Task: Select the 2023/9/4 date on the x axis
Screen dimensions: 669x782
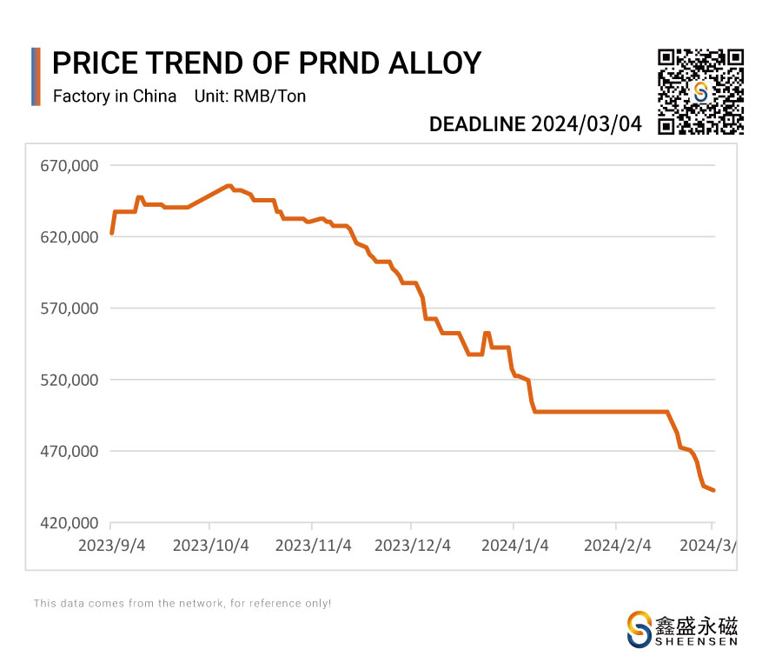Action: click(110, 546)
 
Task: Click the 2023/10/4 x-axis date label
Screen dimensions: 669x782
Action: click(211, 546)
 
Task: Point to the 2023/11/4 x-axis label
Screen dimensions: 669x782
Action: click(313, 546)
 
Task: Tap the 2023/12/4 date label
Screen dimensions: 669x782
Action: click(413, 546)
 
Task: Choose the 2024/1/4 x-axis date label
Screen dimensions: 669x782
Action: click(514, 546)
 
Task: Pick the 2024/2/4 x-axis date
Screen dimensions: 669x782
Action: click(616, 546)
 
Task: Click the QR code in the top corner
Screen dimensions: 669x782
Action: click(700, 92)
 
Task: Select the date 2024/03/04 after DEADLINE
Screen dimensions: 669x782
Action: click(586, 124)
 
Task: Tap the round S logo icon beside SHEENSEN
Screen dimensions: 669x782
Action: click(640, 629)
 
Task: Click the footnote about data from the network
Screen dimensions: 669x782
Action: click(182, 603)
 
